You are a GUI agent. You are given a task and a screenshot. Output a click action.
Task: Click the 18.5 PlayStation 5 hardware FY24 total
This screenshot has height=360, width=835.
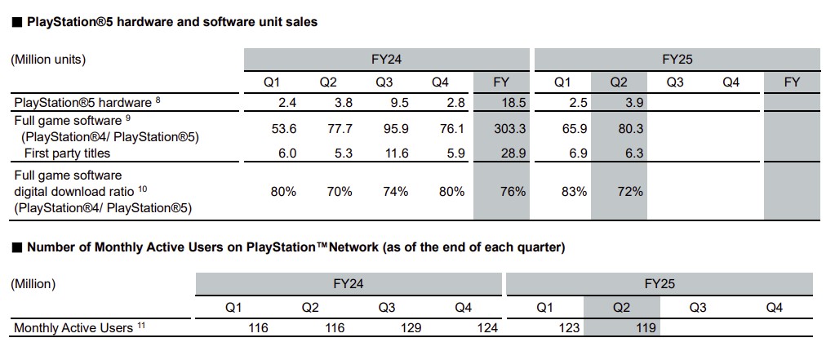(x=501, y=103)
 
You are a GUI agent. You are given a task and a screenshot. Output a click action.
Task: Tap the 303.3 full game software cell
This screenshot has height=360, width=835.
(x=501, y=130)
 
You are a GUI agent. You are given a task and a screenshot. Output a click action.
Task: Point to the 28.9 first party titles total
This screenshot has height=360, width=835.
(x=501, y=153)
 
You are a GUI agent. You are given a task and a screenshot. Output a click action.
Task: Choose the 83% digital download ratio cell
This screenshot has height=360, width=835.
(x=562, y=191)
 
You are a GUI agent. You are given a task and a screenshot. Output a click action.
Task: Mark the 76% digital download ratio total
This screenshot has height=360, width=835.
(x=501, y=191)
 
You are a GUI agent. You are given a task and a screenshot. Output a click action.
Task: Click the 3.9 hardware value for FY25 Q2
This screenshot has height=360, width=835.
(x=620, y=103)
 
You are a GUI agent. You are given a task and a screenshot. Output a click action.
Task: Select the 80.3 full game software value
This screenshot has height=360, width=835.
(x=620, y=130)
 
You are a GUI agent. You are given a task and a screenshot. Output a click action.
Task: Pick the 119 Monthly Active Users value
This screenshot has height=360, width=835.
(x=644, y=328)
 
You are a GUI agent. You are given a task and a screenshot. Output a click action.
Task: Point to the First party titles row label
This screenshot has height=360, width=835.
(x=67, y=153)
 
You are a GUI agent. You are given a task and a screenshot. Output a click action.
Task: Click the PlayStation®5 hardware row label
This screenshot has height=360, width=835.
(x=82, y=103)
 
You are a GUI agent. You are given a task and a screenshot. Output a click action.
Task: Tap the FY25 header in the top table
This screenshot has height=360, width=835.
(x=677, y=59)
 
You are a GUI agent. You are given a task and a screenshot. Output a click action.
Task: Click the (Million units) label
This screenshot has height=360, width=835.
(x=48, y=59)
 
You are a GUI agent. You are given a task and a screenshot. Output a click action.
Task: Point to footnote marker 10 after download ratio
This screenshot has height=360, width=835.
(x=142, y=188)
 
